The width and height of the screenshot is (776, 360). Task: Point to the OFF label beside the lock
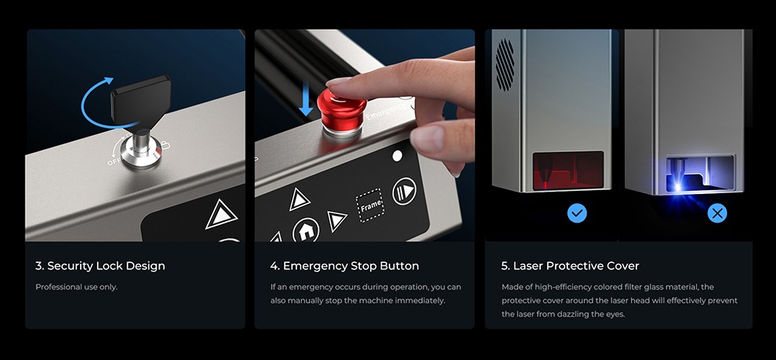(114, 161)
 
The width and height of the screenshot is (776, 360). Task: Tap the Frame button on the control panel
(369, 206)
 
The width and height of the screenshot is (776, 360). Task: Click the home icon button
(306, 230)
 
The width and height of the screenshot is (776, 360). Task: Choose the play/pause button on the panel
(404, 192)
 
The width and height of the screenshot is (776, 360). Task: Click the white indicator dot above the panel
(397, 156)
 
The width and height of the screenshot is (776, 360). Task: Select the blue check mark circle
(577, 213)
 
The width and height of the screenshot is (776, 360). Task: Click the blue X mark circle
(717, 213)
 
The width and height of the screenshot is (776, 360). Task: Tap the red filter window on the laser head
(567, 170)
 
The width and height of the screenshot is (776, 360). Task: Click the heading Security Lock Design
(100, 266)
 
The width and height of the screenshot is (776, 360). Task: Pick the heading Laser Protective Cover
(570, 266)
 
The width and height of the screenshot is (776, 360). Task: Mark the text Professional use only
(76, 287)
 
